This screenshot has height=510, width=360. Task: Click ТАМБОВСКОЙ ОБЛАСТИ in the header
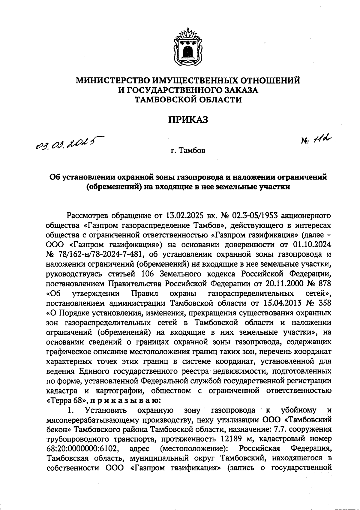pyautogui.click(x=188, y=100)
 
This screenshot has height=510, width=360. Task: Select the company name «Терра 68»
pyautogui.click(x=66, y=400)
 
